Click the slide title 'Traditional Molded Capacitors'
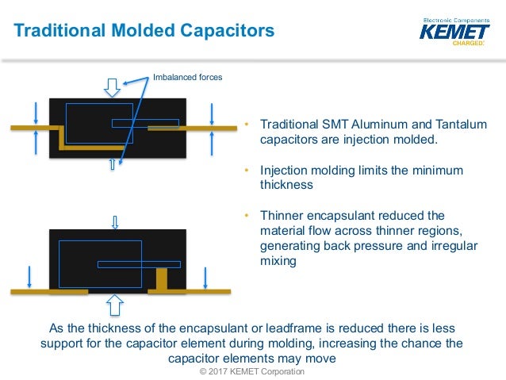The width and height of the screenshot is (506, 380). point(145,31)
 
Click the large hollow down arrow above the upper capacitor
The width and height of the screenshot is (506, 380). point(112,86)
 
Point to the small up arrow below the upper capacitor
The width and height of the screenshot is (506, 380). point(112,164)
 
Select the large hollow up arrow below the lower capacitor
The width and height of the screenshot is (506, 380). point(116,305)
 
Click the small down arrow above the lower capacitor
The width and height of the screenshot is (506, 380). point(116,221)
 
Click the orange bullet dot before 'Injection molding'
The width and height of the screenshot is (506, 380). point(247,171)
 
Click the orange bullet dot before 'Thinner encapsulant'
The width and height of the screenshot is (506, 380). point(247,216)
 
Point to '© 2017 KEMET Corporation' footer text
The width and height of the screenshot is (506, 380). point(252,371)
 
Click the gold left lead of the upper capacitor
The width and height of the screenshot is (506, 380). point(36,127)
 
